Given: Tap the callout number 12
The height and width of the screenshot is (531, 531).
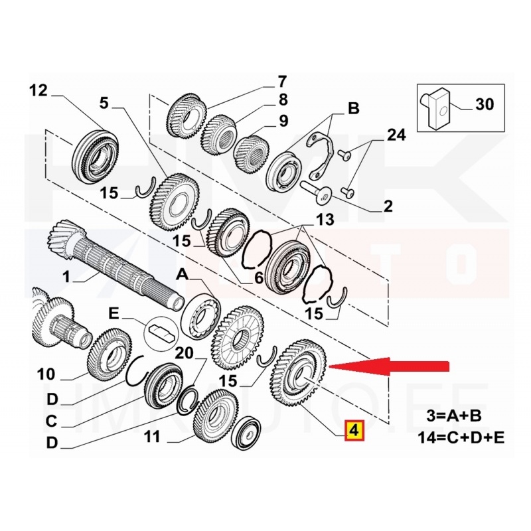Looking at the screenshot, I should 38,90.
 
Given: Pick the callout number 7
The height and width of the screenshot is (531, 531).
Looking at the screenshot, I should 282,82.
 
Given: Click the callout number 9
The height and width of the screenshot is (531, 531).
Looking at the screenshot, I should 283,121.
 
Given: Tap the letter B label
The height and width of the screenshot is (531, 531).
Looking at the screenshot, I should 354,108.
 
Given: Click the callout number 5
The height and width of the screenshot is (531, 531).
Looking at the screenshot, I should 104,104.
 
